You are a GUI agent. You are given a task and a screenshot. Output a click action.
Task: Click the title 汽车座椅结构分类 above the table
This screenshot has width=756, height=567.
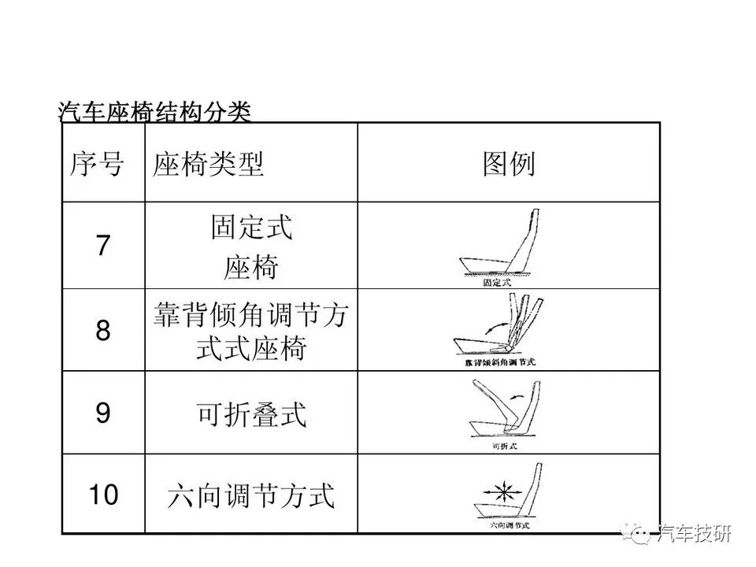click(154, 112)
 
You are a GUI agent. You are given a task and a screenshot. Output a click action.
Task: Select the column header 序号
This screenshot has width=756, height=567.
click(98, 165)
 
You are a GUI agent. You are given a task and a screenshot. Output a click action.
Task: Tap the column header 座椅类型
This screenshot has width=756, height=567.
click(209, 165)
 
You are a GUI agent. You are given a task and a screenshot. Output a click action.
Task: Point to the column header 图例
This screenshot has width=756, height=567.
click(509, 164)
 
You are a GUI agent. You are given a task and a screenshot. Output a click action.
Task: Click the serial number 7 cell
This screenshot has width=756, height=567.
click(103, 246)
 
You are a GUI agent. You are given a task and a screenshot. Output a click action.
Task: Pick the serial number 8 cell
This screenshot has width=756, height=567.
click(103, 330)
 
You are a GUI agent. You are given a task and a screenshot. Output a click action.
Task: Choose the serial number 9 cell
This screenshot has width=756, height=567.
click(103, 413)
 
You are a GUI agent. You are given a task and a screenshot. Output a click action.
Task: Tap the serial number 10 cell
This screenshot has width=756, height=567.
click(103, 495)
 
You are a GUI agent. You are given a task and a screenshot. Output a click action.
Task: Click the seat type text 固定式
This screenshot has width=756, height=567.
click(251, 228)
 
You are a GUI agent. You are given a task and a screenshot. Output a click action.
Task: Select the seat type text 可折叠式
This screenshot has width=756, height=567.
click(251, 413)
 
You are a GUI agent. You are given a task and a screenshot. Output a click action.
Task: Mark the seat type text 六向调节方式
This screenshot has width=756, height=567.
click(251, 496)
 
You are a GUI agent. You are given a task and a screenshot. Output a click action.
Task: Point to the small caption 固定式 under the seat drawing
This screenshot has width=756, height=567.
click(496, 281)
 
